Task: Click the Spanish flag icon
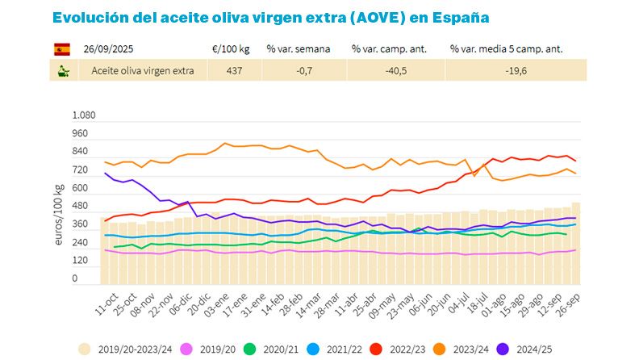point(61,49)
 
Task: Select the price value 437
point(233,71)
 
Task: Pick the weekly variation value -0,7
point(298,71)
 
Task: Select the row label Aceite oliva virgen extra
point(143,71)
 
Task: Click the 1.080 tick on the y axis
point(85,115)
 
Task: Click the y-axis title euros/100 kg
point(59,215)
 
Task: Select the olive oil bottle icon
point(61,71)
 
